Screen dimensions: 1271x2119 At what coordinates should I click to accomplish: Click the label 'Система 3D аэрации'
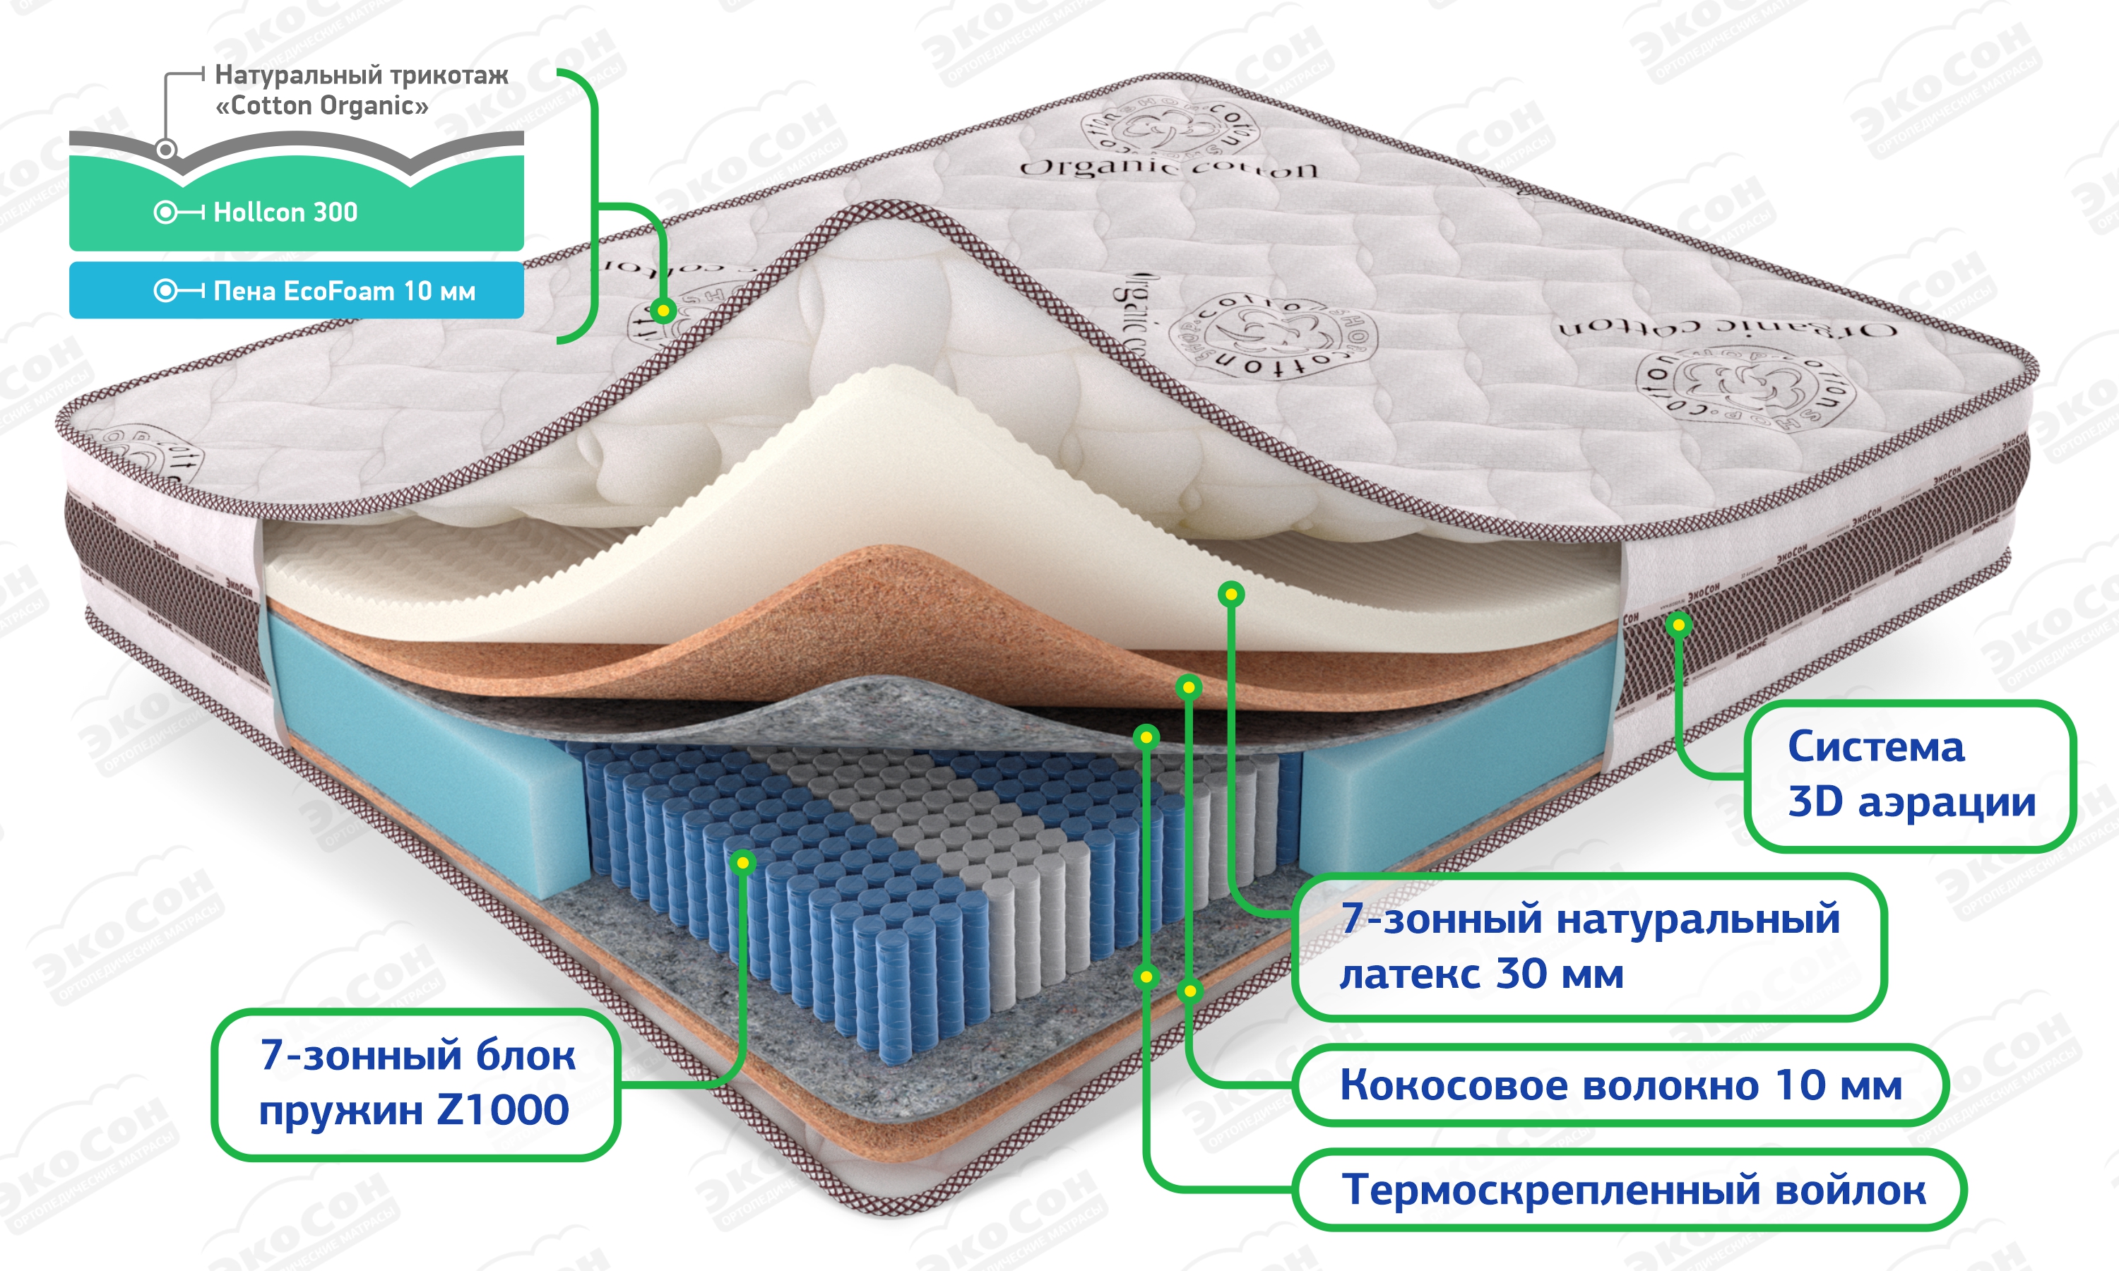[1910, 775]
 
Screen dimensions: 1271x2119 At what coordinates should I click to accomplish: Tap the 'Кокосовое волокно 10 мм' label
[1620, 1085]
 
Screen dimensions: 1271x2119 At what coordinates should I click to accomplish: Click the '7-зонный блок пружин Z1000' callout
[415, 1083]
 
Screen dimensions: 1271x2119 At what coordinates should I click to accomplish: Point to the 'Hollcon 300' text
[285, 213]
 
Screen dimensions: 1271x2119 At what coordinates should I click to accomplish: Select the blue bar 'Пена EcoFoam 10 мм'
[297, 291]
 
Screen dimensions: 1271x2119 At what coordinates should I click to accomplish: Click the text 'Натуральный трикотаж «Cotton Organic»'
[361, 90]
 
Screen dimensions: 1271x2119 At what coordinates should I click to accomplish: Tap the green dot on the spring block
[744, 862]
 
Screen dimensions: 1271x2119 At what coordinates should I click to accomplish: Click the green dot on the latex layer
[1231, 594]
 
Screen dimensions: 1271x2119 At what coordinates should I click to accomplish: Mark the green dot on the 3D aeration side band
[1679, 625]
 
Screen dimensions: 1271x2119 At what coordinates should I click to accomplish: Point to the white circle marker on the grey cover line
[166, 150]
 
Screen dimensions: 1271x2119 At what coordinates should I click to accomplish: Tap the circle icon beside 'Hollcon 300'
[165, 213]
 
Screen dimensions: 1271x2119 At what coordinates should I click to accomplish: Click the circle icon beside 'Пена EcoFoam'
[165, 291]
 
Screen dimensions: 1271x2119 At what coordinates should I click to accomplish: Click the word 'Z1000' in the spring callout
[503, 1111]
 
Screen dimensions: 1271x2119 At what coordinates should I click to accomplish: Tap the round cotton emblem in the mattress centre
[1274, 335]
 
